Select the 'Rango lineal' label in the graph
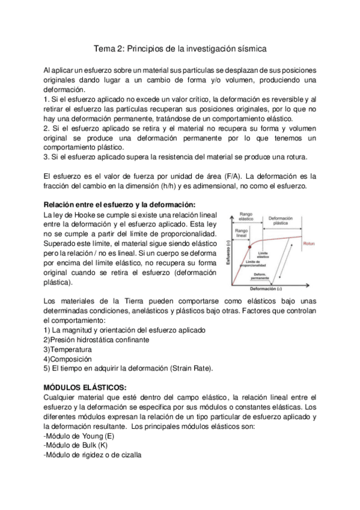[x=242, y=233]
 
